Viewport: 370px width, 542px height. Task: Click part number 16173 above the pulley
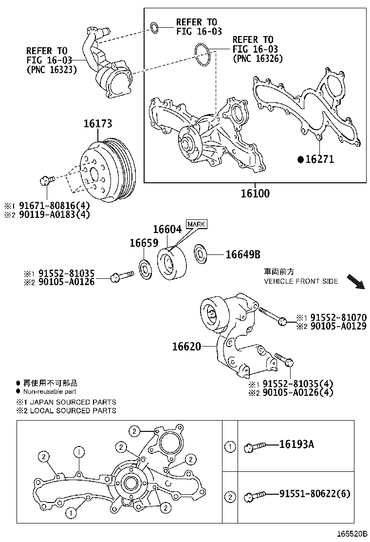[96, 124]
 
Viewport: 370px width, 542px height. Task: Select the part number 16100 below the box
[255, 193]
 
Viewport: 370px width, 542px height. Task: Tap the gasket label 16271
[319, 159]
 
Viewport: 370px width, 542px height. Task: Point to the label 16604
[167, 229]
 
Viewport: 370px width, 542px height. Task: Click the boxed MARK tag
[196, 224]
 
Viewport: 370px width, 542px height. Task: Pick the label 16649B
[242, 254]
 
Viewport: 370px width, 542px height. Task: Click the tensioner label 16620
[186, 347]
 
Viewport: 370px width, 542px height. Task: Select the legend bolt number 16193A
[296, 445]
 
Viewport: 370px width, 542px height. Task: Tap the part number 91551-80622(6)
[314, 494]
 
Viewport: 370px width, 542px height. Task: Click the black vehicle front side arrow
[355, 281]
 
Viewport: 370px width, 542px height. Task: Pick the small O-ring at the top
[154, 27]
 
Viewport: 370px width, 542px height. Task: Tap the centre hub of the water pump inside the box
[186, 143]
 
